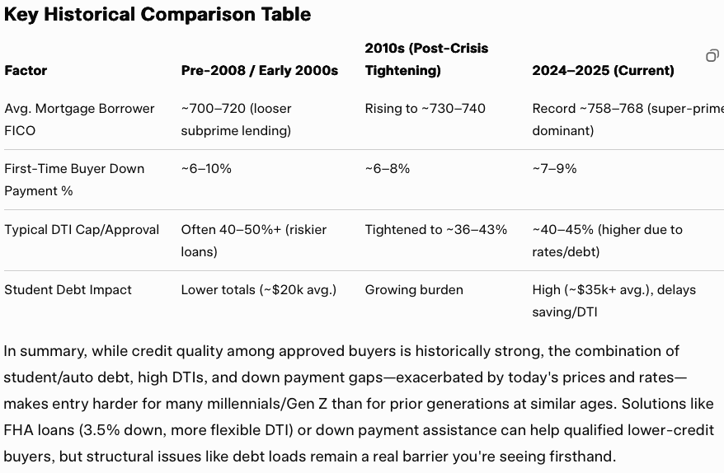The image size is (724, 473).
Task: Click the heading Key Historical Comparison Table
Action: [x=157, y=14]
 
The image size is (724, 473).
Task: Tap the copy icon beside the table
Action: [x=712, y=55]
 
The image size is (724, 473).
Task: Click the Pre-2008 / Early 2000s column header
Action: [x=260, y=71]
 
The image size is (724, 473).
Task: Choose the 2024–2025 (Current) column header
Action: [x=603, y=71]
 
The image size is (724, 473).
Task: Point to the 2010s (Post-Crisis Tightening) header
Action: [x=426, y=59]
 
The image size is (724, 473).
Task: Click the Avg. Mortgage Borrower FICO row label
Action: [x=79, y=119]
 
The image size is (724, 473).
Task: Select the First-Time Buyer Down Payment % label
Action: [x=74, y=180]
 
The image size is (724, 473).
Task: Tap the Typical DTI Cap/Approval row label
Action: [x=82, y=230]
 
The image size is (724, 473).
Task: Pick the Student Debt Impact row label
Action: [x=68, y=290]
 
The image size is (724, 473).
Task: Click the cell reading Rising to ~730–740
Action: [x=425, y=109]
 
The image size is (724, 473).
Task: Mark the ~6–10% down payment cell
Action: [x=206, y=169]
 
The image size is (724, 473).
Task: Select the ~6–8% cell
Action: [x=388, y=169]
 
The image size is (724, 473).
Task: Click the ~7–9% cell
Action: [x=554, y=169]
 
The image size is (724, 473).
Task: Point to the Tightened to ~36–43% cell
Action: [x=436, y=230]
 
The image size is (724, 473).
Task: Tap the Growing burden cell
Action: [x=414, y=290]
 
